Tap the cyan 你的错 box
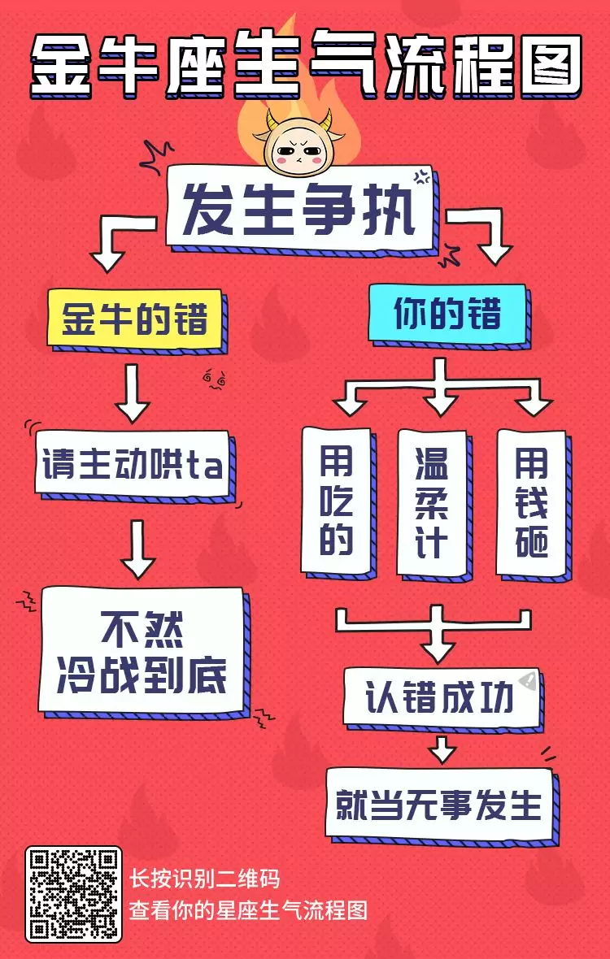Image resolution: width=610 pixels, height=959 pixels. tap(447, 314)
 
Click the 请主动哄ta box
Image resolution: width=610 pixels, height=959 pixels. tap(133, 464)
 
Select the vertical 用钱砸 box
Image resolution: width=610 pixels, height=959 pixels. tap(531, 501)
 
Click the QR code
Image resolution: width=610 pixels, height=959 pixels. tap(73, 894)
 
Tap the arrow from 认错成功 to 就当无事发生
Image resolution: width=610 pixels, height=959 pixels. tap(442, 748)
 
